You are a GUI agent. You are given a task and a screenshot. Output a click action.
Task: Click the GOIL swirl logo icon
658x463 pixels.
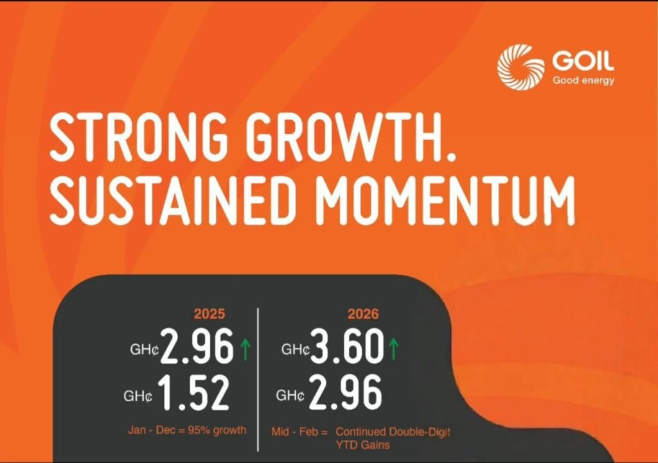point(519,67)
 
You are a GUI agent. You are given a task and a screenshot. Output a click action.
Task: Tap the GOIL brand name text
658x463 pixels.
point(583,62)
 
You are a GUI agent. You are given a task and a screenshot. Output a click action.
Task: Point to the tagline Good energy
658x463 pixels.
point(583,80)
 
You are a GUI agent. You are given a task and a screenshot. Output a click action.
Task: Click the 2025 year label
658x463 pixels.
point(209,314)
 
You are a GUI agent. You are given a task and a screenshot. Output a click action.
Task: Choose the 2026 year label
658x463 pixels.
point(363,314)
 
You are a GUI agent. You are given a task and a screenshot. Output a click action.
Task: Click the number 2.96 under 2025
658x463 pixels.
point(197,346)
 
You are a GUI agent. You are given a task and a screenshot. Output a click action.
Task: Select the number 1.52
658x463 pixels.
point(194,392)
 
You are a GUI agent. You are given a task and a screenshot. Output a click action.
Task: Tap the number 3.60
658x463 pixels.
point(347,346)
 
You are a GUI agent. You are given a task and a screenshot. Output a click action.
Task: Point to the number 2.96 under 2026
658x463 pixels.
point(345,392)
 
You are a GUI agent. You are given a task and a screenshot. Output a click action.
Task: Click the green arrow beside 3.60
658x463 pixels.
point(393,349)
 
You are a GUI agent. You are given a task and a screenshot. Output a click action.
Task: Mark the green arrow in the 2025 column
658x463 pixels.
point(245,349)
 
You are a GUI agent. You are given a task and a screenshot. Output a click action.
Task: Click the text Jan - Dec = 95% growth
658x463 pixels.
point(187,430)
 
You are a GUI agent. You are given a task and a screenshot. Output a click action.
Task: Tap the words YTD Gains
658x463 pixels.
point(362,445)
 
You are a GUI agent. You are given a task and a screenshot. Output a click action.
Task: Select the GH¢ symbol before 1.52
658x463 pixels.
point(138,396)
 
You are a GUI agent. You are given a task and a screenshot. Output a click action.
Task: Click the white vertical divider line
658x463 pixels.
point(258,380)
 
